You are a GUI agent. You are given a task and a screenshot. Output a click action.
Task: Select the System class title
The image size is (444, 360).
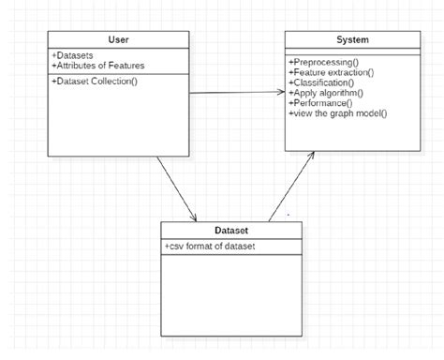(x=352, y=39)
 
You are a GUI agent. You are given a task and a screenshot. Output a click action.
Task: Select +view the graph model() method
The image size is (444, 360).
(x=338, y=113)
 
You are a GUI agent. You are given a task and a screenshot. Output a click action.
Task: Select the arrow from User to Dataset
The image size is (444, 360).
(x=178, y=187)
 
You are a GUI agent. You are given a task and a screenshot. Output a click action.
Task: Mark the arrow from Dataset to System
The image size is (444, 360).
(x=290, y=187)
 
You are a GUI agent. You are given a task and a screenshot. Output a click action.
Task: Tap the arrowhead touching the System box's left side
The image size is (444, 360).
(x=280, y=92)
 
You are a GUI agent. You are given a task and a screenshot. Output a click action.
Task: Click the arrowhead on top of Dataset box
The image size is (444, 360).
(x=194, y=217)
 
